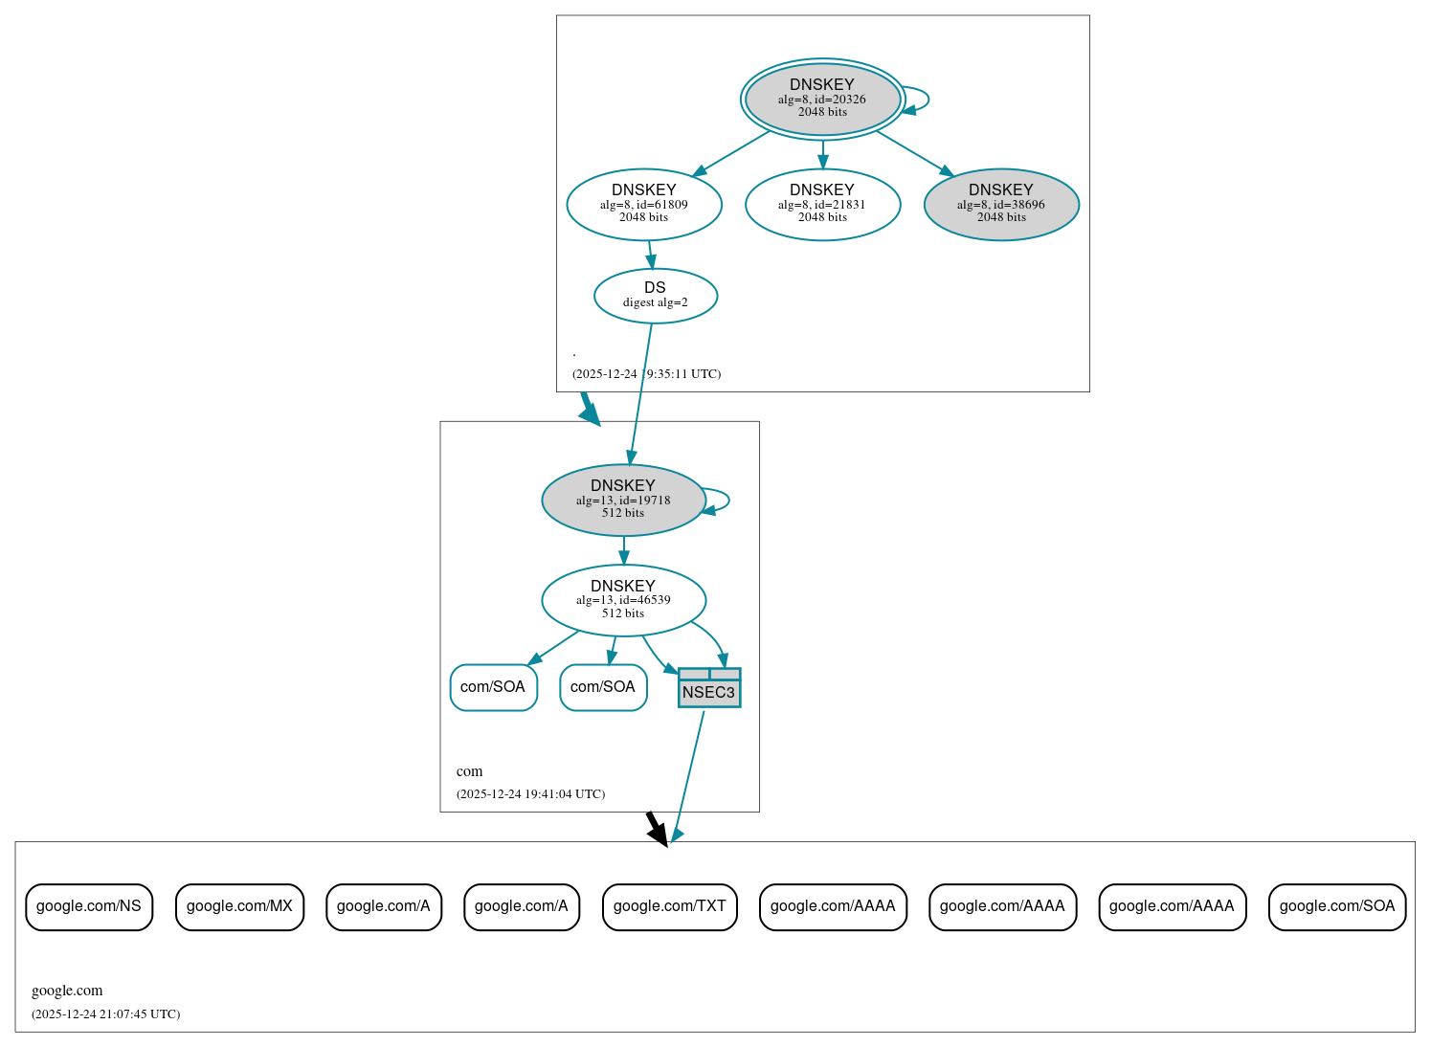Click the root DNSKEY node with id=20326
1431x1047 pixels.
coord(822,99)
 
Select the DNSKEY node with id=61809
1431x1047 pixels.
coord(644,204)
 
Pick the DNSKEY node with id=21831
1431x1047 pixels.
coord(822,204)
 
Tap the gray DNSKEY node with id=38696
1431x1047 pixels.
coord(1001,204)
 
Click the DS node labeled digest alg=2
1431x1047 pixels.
coord(655,295)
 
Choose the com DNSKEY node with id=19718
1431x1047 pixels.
coord(623,500)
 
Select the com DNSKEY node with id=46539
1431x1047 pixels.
coord(623,600)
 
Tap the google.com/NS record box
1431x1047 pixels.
coord(89,906)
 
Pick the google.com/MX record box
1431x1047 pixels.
coord(239,906)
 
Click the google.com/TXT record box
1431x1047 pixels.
coord(669,906)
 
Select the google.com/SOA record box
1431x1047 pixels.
coord(1336,906)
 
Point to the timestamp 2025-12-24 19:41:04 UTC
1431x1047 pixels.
coord(530,793)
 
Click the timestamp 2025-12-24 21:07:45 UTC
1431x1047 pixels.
coord(105,1014)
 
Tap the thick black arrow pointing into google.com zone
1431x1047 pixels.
coord(657,828)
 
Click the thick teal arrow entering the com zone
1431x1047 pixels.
coord(590,409)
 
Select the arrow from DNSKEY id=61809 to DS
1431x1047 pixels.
coord(650,255)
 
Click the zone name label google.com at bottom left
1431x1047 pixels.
coord(67,991)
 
